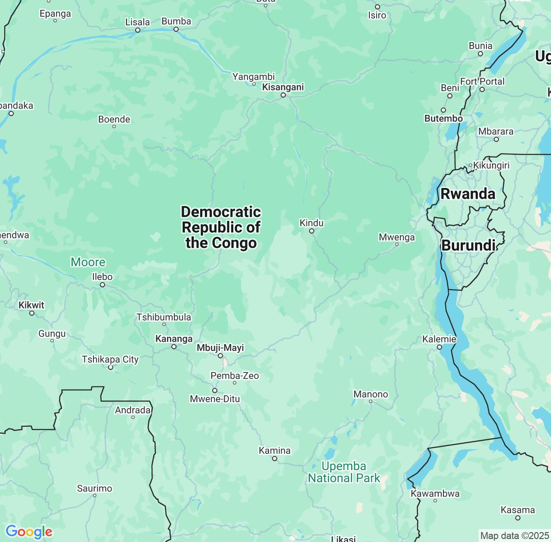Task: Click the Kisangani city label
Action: click(283, 87)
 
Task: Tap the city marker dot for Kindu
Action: click(312, 231)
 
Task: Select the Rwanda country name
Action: click(467, 194)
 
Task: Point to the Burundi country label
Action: click(468, 246)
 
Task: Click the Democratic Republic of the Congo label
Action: click(221, 227)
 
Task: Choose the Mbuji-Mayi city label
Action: click(220, 348)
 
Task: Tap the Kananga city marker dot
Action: click(174, 347)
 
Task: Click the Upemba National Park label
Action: click(344, 472)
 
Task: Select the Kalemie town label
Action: click(439, 339)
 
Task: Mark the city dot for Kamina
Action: click(275, 459)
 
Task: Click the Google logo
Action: click(29, 532)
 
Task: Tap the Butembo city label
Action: click(443, 118)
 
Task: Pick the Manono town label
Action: click(371, 394)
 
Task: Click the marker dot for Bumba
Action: click(176, 29)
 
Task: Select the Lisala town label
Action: click(137, 22)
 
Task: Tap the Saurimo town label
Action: click(94, 488)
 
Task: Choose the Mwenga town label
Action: click(396, 237)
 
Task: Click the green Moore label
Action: click(88, 262)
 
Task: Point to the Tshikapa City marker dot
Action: click(111, 367)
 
